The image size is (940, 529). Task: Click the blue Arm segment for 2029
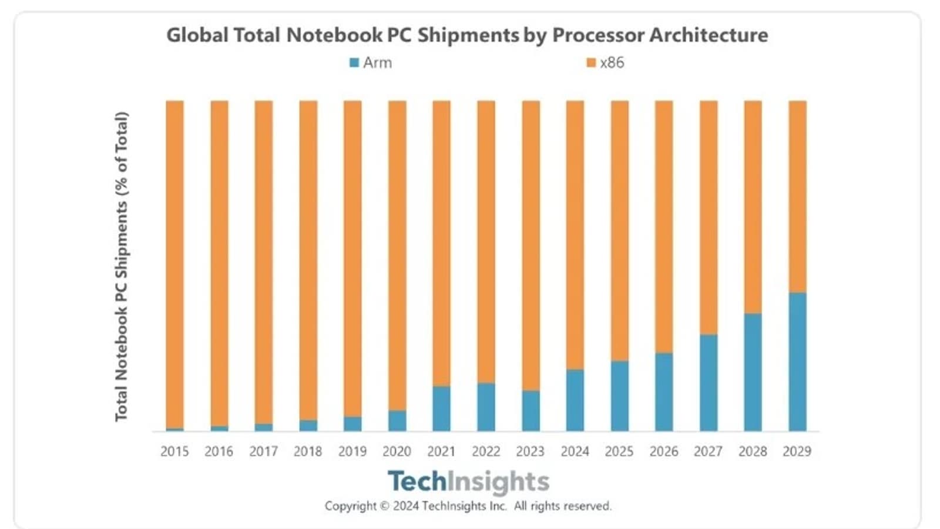point(797,361)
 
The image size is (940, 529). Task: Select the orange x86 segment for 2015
point(175,264)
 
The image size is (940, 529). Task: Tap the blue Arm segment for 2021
point(442,409)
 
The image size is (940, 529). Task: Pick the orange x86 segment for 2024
point(575,235)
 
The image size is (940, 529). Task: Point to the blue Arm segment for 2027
point(709,383)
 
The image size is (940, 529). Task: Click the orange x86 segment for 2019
point(352,259)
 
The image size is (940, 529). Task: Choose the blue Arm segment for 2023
point(531,411)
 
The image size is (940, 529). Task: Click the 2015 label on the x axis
point(174,451)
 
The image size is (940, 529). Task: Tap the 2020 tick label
point(397,451)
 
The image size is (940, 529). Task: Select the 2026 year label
point(664,451)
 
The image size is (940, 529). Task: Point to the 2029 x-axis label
point(797,451)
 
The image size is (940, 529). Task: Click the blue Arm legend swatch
point(354,63)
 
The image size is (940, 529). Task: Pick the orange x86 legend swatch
point(591,63)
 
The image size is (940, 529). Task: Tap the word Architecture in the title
point(709,35)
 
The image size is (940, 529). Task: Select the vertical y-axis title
point(122,266)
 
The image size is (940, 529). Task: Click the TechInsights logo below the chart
point(468,481)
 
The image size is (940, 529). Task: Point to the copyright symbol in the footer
point(384,506)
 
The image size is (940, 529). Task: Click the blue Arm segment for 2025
point(620,396)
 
